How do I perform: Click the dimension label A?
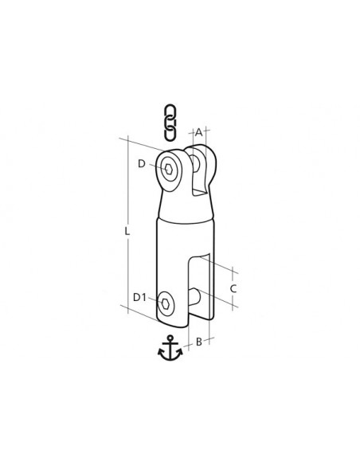tap(198, 132)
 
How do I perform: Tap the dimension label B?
tap(199, 342)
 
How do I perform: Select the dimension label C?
tap(233, 288)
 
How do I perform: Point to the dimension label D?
tap(142, 164)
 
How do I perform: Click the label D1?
tap(139, 297)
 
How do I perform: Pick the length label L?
tap(127, 231)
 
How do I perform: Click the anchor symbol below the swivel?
tap(170, 348)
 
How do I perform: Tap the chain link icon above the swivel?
tap(170, 122)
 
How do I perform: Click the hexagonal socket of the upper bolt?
tap(169, 170)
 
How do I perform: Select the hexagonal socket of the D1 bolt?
tap(165, 303)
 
